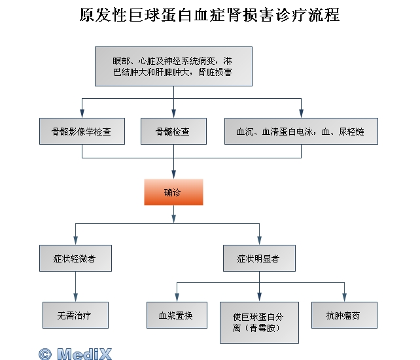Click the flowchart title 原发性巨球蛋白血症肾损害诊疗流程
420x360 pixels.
pos(209,14)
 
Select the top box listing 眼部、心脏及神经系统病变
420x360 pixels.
pos(173,66)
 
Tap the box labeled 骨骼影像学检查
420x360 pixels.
pos(82,131)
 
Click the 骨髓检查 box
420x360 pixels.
pos(173,131)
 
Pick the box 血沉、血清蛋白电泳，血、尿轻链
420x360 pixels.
pos(301,131)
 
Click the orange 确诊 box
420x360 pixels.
pos(173,192)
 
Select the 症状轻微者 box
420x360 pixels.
pos(75,258)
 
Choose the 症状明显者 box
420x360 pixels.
pos(259,258)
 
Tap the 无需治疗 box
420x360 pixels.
pos(75,315)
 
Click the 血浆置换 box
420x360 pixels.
pos(177,315)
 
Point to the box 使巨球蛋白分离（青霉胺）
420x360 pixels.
pos(260,321)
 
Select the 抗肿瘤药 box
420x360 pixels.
pos(345,315)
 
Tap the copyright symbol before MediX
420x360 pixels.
pos(44,353)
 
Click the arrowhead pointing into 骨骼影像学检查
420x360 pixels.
pos(82,114)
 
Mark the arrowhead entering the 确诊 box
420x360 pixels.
pos(173,175)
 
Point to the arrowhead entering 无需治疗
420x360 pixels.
pos(75,298)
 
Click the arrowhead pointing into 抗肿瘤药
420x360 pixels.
pos(345,298)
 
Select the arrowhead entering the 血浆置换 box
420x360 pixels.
pos(177,298)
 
